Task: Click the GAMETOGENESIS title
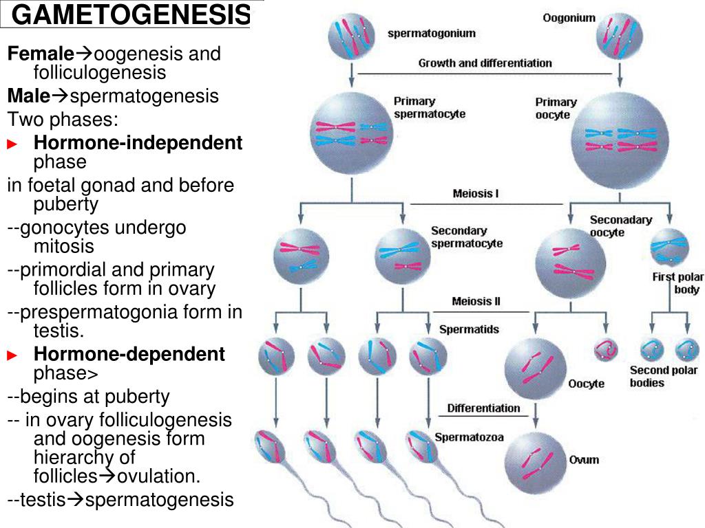pos(130,14)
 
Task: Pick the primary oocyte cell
pos(620,141)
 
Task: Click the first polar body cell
pos(669,247)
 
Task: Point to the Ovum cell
pos(535,463)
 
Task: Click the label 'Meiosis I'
pos(476,193)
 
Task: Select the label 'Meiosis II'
pos(476,301)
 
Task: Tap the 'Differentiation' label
pos(483,408)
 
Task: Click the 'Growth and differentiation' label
pos(485,63)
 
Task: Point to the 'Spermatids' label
pos(469,329)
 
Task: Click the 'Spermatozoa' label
pos(469,437)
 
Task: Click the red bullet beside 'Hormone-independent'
pos(12,144)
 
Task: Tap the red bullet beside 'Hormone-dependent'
pos(12,355)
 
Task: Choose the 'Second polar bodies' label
pos(664,376)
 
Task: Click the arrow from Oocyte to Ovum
pos(536,415)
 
